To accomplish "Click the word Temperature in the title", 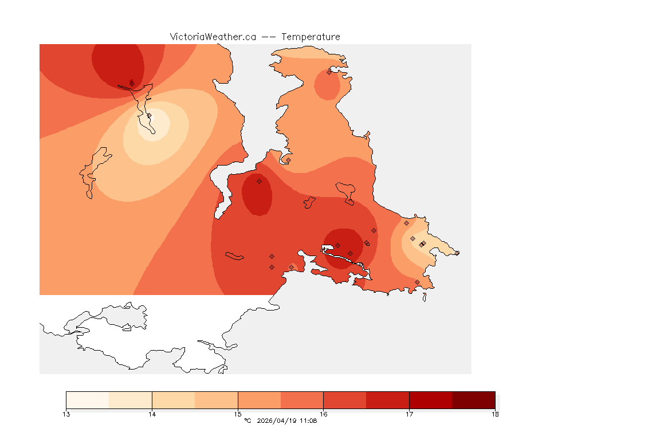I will point(311,37).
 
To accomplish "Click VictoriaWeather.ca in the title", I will point(213,37).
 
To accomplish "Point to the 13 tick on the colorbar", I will point(66,414).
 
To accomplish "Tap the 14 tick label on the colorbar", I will point(152,414).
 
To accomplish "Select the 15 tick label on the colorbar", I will point(238,414).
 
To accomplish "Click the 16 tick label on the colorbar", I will point(324,414).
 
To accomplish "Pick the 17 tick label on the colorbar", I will point(409,414).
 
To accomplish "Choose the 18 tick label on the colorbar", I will point(495,414).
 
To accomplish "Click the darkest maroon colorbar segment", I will point(473,399).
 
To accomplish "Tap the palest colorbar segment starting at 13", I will point(88,399).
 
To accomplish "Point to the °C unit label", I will point(247,421).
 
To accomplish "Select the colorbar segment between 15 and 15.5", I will point(259,399).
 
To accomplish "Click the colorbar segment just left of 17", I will point(387,399).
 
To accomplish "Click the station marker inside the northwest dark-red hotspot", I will point(132,83).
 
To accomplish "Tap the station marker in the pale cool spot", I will point(150,116).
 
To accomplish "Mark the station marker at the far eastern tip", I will point(457,253).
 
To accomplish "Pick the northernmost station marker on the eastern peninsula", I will point(329,72).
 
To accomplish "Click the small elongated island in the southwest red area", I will point(235,256).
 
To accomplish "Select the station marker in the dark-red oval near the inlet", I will point(259,181).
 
